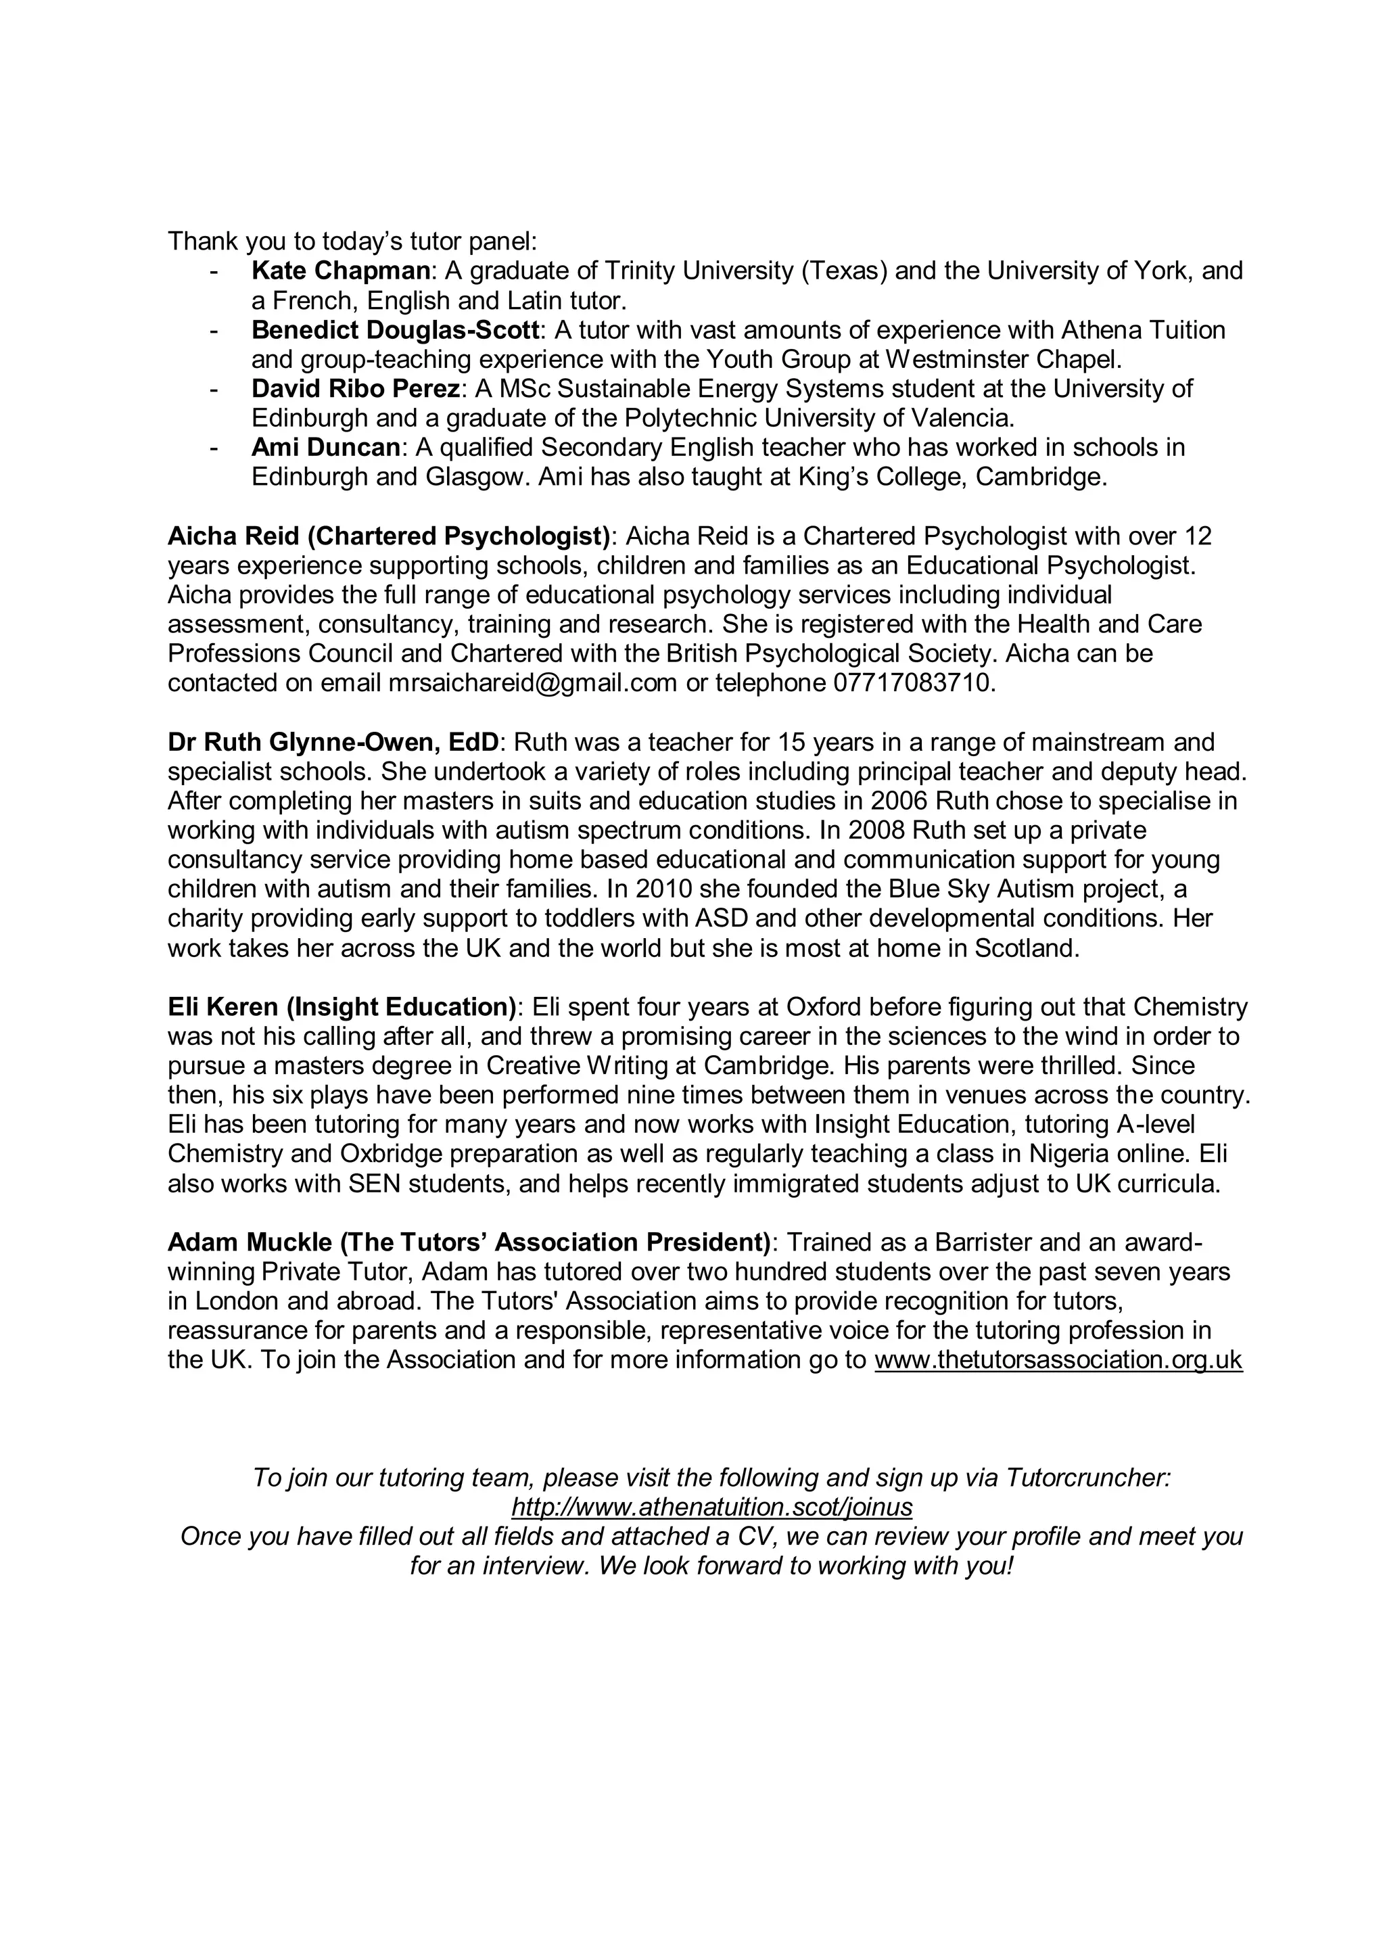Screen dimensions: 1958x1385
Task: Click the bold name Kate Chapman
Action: click(340, 271)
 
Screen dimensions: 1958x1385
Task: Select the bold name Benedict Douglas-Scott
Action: click(395, 330)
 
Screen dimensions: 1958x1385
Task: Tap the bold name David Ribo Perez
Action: click(356, 389)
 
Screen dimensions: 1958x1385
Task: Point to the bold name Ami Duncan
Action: click(325, 448)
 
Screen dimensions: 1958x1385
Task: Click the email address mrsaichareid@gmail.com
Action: click(533, 683)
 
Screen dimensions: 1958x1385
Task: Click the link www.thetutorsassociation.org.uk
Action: click(1058, 1359)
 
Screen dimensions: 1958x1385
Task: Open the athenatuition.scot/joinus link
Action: click(712, 1507)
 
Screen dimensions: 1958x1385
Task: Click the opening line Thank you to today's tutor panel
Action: click(352, 241)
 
